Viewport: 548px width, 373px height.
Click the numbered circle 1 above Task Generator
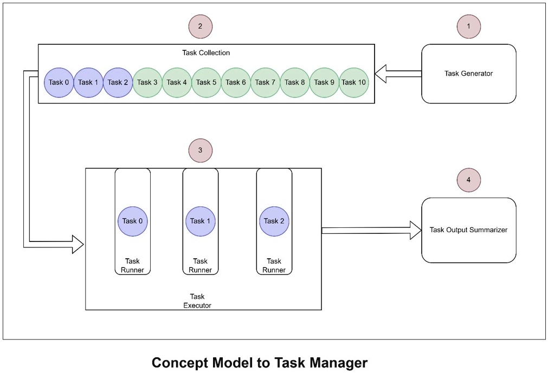click(468, 26)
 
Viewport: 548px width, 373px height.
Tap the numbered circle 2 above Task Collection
click(200, 26)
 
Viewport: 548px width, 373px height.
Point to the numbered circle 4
click(468, 179)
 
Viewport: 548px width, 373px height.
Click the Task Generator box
click(468, 74)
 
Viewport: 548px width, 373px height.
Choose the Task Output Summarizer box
click(468, 230)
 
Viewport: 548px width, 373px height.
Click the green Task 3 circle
click(147, 82)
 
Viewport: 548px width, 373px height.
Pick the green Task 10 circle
click(353, 82)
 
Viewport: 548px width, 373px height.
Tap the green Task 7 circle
click(266, 82)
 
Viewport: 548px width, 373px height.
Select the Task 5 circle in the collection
click(207, 82)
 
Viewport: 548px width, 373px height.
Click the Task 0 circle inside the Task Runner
click(133, 221)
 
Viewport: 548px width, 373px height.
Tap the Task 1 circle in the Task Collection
click(88, 82)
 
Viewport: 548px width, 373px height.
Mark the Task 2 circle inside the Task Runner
click(274, 221)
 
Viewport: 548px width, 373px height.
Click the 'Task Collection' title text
click(206, 53)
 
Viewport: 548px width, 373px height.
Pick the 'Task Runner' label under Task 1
click(200, 266)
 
